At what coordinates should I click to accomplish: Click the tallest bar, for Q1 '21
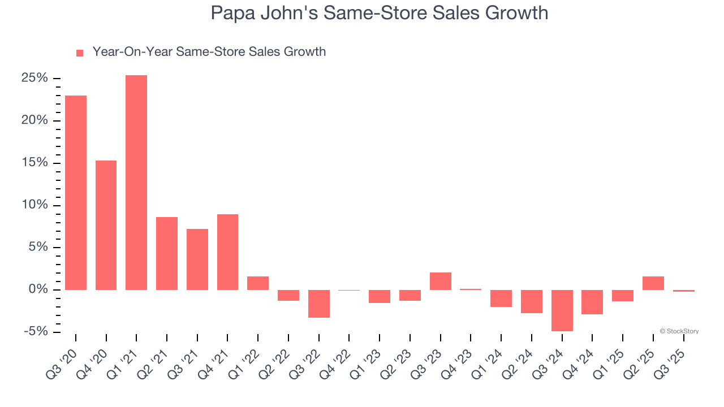point(136,182)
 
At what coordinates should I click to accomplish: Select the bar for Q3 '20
point(76,192)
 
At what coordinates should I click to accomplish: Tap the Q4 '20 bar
point(106,225)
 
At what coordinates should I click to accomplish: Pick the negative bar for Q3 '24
point(562,310)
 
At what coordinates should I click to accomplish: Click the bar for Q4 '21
point(227,252)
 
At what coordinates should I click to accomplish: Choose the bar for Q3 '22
point(319,304)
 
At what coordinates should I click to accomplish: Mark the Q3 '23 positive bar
point(441,281)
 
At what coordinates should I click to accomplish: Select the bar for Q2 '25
point(653,283)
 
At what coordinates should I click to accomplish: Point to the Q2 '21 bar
point(167,253)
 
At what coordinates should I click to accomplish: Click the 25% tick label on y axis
point(35,78)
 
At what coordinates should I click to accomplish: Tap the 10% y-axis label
point(35,205)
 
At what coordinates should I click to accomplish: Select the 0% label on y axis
point(38,289)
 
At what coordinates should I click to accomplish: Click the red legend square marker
point(80,53)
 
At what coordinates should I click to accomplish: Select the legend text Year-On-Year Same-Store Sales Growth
point(209,52)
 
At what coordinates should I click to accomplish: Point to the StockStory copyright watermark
point(679,331)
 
